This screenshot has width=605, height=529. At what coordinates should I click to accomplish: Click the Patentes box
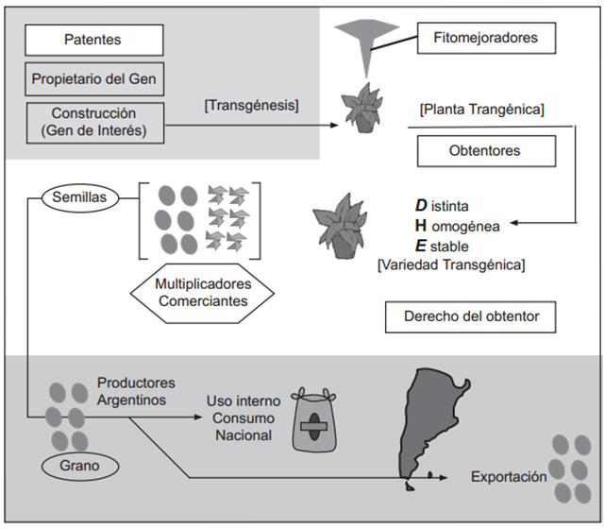93,40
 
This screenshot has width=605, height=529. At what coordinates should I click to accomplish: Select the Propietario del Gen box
93,79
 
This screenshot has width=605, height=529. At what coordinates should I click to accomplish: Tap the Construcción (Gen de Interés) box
93,123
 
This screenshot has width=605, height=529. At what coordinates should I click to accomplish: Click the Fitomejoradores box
486,39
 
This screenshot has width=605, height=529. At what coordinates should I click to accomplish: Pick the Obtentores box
484,150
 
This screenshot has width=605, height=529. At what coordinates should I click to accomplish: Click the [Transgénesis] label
251,106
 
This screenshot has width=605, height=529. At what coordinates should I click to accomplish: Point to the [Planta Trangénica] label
481,111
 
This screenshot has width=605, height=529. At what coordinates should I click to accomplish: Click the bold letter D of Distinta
421,204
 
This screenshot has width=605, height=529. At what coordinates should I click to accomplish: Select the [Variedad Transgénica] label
450,265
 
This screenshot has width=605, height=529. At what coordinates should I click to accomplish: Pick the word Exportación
509,477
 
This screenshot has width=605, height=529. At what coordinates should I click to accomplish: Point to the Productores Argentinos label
136,391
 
